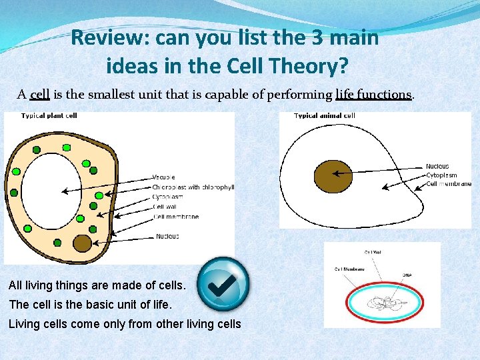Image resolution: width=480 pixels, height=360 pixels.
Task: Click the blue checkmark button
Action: point(225,284)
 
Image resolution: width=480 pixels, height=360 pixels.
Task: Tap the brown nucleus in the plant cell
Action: point(82,243)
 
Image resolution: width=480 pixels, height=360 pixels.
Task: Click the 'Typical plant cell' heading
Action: point(49,116)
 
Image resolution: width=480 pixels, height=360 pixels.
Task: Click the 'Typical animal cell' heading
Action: point(325,116)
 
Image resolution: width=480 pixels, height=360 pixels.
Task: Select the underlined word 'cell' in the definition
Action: point(40,94)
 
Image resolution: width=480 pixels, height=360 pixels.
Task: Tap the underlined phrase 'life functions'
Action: point(373,94)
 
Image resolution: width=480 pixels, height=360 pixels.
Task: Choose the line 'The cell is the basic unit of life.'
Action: point(90,305)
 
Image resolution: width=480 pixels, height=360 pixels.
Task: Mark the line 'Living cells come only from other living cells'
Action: point(125,324)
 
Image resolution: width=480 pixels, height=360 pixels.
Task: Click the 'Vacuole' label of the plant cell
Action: point(164,177)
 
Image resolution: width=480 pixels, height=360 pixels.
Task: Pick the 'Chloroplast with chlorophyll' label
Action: point(193,187)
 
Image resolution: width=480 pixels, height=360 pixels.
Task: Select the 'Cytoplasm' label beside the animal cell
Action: point(441,175)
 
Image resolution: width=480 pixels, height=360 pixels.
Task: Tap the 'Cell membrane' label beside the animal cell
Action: point(448,184)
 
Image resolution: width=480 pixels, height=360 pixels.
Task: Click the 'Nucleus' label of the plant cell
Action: point(167,236)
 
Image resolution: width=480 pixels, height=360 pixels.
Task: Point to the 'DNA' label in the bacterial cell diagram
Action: point(406,274)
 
